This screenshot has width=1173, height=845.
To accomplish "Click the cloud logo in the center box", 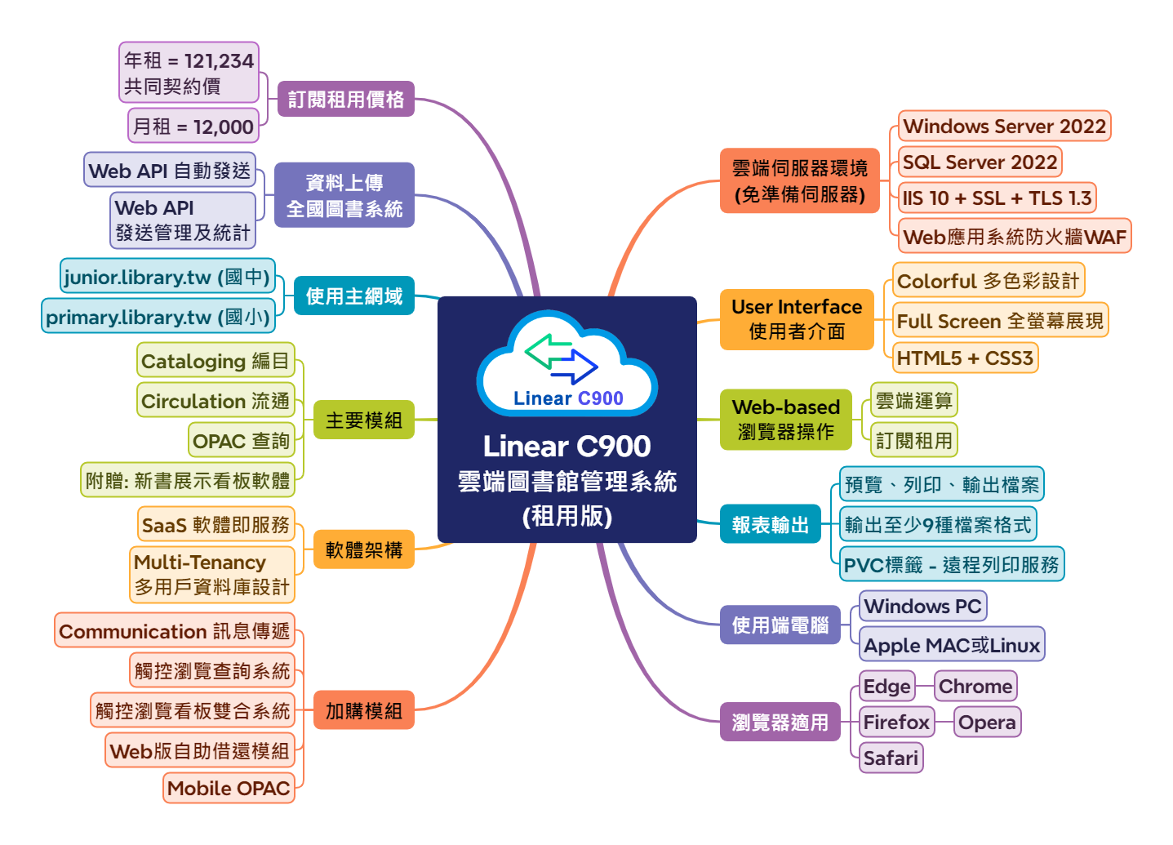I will point(567,364).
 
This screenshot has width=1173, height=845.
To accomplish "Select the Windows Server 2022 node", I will point(1004,127).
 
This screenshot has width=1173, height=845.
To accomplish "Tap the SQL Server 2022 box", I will point(980,162).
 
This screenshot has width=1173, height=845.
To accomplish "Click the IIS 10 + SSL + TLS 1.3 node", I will point(997,198).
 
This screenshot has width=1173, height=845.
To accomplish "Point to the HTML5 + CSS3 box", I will point(965,358).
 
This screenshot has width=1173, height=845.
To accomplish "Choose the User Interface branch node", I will point(797,319).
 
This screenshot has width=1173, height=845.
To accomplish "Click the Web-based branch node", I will point(785,420).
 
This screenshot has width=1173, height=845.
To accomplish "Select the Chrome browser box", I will point(975,687).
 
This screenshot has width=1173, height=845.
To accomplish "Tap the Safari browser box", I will point(891,758).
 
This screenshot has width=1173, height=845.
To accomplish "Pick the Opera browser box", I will point(987,723).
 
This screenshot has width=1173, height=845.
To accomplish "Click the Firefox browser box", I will point(896,723).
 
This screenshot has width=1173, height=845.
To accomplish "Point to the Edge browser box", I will point(886,687).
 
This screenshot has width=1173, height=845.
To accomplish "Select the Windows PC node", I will point(922,607).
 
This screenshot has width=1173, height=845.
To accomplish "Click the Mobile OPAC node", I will point(229,789).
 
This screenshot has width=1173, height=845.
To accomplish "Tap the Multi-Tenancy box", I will point(212,575).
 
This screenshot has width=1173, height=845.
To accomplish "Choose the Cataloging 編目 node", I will point(215,362).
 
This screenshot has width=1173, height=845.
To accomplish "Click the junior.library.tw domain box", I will point(167,278).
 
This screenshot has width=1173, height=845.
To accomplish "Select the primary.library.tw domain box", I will point(158,318).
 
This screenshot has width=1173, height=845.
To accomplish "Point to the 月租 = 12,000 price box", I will point(193,127).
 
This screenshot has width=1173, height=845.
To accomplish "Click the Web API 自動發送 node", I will point(170,171).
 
